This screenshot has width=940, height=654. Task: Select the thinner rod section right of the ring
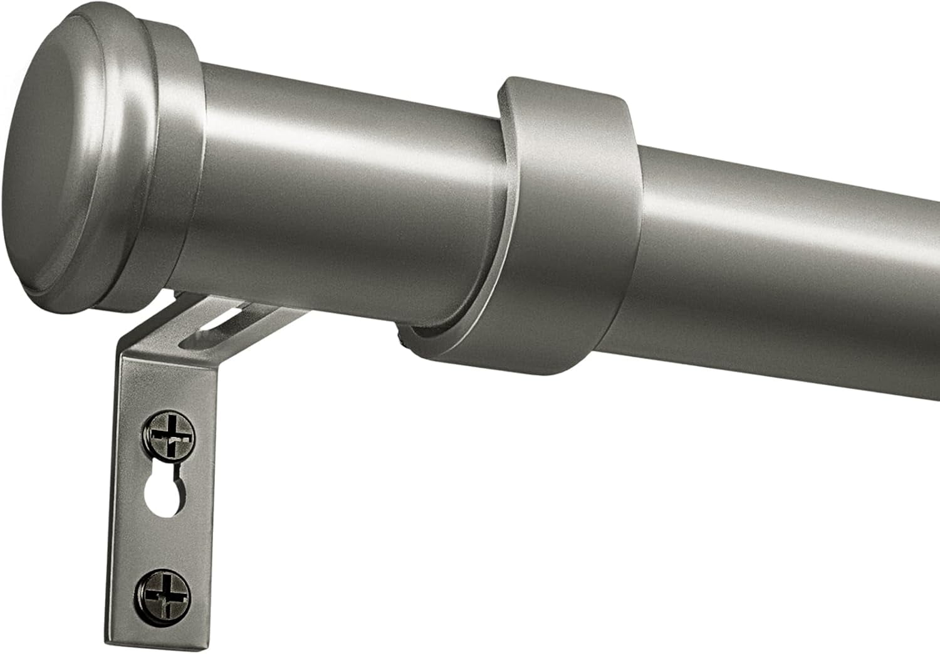783,251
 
